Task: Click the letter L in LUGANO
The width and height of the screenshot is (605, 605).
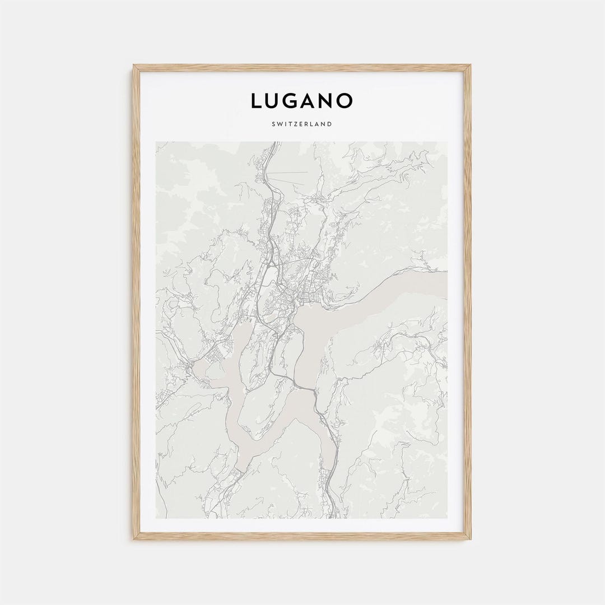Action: pos(257,101)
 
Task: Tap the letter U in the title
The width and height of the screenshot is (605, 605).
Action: pos(273,101)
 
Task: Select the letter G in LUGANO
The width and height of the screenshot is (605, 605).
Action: pos(292,101)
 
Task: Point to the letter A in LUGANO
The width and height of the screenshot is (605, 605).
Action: pos(310,101)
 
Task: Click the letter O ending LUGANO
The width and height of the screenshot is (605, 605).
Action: pos(346,101)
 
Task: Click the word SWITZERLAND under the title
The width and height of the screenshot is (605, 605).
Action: pos(302,124)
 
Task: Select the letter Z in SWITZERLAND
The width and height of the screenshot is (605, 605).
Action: pos(296,124)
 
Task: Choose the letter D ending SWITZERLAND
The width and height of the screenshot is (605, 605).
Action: pos(329,124)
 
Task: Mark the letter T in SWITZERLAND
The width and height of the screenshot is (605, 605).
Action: pos(291,124)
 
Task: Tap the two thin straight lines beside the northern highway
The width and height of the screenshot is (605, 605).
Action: pos(291,176)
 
